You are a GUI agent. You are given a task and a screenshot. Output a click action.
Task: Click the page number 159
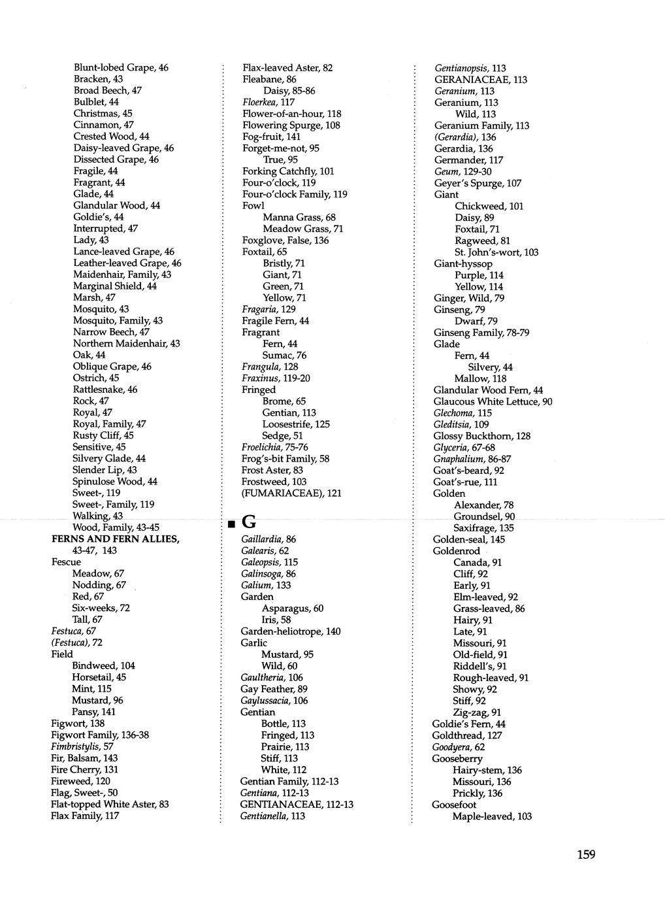click(586, 854)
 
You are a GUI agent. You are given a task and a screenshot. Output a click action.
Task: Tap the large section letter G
click(249, 522)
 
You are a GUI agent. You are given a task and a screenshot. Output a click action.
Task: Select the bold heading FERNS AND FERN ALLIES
click(115, 539)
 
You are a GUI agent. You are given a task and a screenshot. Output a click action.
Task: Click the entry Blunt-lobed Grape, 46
click(121, 67)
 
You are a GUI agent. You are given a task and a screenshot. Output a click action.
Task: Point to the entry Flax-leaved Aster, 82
click(287, 67)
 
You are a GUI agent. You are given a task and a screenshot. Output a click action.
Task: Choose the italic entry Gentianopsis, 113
click(470, 68)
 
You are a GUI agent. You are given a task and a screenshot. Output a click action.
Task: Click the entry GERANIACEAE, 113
click(481, 80)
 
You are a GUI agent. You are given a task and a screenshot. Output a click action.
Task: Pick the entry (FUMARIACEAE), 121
click(291, 493)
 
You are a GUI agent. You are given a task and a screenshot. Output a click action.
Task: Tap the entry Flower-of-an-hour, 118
click(291, 114)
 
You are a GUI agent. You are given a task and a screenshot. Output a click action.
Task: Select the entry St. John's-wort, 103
click(496, 252)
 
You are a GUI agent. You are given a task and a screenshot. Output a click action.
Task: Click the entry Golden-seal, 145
click(468, 539)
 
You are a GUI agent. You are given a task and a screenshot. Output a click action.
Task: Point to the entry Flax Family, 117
click(85, 816)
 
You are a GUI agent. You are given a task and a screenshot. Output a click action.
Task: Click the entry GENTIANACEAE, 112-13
click(297, 804)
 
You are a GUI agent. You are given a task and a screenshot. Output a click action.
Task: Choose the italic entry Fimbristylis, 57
click(82, 746)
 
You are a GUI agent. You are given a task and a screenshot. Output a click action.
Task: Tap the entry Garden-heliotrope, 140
click(291, 631)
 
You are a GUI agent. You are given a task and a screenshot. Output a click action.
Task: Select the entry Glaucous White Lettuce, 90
click(493, 401)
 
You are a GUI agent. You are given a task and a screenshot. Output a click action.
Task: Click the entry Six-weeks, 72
click(101, 608)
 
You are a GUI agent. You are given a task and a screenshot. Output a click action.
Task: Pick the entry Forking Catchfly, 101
click(288, 171)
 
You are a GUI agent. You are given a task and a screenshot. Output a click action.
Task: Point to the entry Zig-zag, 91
click(477, 712)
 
